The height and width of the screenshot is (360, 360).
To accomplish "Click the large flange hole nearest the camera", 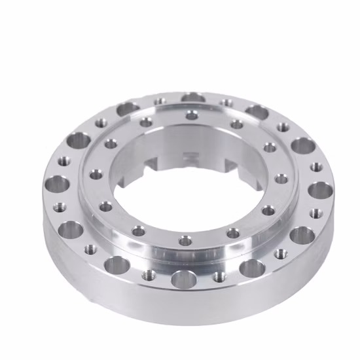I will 184,280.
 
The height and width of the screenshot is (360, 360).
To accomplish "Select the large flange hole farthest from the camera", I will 193,98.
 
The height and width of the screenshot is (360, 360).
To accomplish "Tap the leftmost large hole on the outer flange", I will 58,184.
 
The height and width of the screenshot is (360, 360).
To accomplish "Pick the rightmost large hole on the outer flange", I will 320,190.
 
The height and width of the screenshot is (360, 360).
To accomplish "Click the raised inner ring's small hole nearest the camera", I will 186,242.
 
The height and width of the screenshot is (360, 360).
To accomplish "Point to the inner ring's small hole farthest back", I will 191,115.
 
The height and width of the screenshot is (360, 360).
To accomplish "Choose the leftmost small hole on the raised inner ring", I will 96,174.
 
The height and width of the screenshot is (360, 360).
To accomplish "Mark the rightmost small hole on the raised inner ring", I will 281,178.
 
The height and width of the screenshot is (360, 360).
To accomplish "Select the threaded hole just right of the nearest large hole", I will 220,276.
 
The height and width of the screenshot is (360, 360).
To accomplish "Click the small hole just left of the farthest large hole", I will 160,101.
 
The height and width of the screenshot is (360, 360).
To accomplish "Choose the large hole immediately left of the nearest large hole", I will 117,265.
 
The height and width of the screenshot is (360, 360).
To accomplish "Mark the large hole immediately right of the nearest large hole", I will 252,268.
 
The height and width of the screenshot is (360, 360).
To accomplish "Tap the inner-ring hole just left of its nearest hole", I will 138,230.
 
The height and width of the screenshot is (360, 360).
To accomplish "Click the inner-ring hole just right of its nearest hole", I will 234,232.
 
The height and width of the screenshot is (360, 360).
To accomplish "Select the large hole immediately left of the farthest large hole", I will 128,109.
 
